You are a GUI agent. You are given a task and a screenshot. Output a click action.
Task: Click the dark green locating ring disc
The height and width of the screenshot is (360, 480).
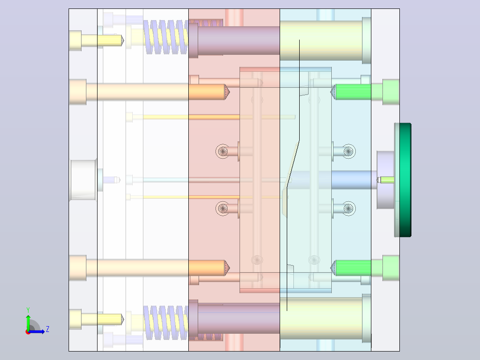click(405, 180)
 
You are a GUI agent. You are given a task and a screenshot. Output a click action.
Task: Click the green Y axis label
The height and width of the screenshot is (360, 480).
click(28, 310)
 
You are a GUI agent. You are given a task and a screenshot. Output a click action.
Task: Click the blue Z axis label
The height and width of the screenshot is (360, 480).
click(48, 329)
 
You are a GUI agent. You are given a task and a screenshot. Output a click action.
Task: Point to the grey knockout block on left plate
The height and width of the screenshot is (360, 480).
click(83, 180)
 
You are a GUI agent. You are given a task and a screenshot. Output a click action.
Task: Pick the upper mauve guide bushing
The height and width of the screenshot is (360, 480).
click(234, 41)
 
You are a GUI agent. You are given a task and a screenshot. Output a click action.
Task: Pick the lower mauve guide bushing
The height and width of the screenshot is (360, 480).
click(234, 319)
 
